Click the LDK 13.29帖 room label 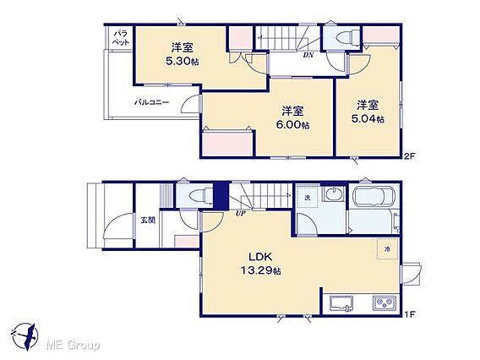[x=260, y=264]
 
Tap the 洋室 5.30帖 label [x=183, y=54]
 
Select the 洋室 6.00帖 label [x=292, y=117]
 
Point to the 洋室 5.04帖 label [x=368, y=112]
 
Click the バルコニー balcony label [x=151, y=102]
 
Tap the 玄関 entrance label [x=148, y=220]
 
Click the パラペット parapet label [x=121, y=38]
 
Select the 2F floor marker [x=409, y=156]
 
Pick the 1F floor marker [x=409, y=314]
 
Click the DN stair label [x=308, y=55]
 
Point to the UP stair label [x=241, y=213]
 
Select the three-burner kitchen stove [x=385, y=303]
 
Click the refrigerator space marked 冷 [x=388, y=249]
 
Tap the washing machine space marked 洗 [x=308, y=198]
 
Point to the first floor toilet [x=201, y=195]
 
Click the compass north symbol [x=27, y=335]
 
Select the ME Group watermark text [x=73, y=346]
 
